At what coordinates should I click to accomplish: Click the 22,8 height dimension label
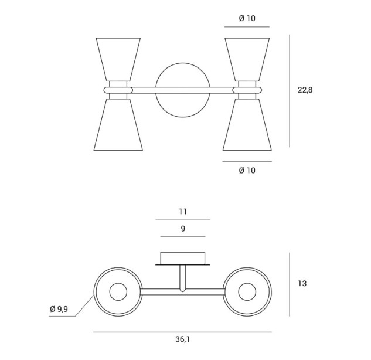305,90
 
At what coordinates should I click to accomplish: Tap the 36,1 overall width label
182,339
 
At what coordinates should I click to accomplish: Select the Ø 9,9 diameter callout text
59,308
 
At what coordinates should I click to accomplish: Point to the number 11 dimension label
183,211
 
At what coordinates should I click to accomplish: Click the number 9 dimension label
183,229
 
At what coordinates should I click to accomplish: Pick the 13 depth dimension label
302,283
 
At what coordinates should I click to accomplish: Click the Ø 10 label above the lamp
247,18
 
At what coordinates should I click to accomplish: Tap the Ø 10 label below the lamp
247,170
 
